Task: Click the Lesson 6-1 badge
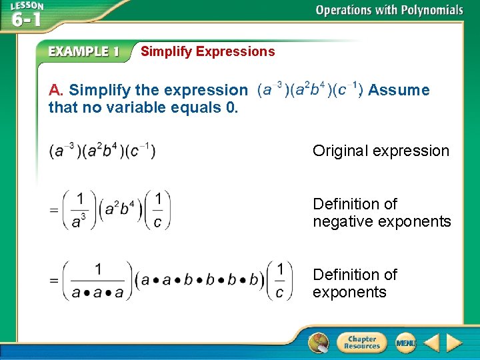pos(27,15)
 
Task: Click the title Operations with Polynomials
pos(389,10)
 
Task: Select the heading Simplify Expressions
pos(207,51)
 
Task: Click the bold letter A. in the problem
pos(56,90)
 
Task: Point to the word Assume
pos(399,90)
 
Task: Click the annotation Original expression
pos(381,151)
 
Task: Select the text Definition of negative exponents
pos(381,213)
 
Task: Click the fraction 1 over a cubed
pos(79,210)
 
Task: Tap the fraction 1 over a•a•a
pos(98,280)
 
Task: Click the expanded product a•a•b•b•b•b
pos(199,280)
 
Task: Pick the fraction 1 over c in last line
pos(279,280)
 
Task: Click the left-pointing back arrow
pos(431,343)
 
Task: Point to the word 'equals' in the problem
pos(188,107)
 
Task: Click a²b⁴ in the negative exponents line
pos(121,210)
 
